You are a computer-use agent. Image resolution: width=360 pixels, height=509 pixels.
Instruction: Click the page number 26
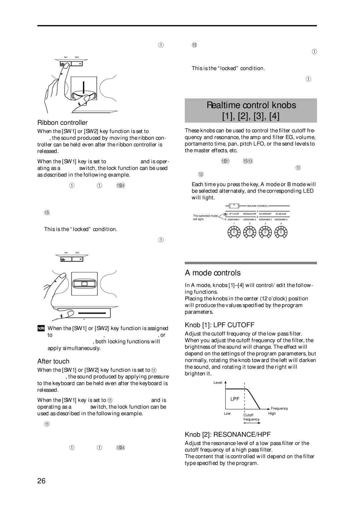[41, 481]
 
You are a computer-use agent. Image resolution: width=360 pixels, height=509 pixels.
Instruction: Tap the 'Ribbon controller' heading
[62, 123]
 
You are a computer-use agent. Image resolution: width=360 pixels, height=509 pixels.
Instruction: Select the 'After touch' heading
[53, 361]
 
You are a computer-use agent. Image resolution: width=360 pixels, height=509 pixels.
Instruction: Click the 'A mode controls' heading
[213, 273]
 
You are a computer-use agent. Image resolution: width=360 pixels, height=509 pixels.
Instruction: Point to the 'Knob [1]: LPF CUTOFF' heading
[220, 325]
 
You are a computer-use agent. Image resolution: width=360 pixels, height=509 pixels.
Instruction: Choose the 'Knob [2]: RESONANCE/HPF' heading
[228, 434]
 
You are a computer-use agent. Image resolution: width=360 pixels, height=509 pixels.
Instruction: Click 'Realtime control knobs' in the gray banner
[251, 105]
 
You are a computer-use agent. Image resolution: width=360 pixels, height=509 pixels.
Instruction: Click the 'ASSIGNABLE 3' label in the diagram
[266, 220]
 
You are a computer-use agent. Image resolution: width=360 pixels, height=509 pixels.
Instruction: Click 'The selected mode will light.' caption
[205, 218]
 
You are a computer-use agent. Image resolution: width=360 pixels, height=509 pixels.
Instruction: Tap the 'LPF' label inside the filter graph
[235, 399]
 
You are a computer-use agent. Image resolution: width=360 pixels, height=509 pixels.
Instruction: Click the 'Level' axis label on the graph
[218, 383]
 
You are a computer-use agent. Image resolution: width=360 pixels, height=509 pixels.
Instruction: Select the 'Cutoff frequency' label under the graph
[251, 417]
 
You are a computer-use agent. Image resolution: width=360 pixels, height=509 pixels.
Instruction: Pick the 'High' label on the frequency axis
[272, 413]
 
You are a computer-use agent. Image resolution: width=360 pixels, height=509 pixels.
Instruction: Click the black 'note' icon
[41, 328]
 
